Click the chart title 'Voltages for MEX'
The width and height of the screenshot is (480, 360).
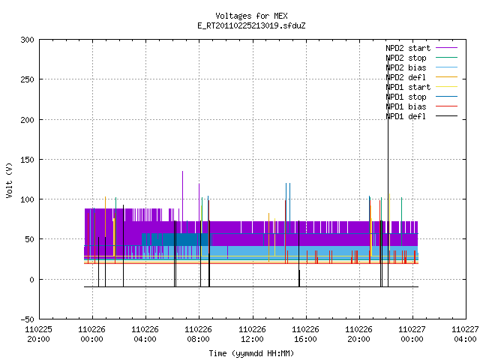point(251,16)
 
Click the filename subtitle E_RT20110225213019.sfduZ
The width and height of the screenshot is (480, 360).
point(251,25)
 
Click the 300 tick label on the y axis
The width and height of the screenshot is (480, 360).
point(27,40)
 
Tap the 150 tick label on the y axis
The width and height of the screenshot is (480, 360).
point(27,160)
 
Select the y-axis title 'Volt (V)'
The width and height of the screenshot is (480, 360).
point(10,180)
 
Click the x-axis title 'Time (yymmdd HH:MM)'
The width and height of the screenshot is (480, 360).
point(251,353)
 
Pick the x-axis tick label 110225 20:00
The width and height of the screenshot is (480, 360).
point(38,334)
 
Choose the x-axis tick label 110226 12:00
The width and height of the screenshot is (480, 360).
point(252,334)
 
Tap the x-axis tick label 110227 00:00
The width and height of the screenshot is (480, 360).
point(412,334)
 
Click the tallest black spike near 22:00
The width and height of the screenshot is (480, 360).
point(388,172)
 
